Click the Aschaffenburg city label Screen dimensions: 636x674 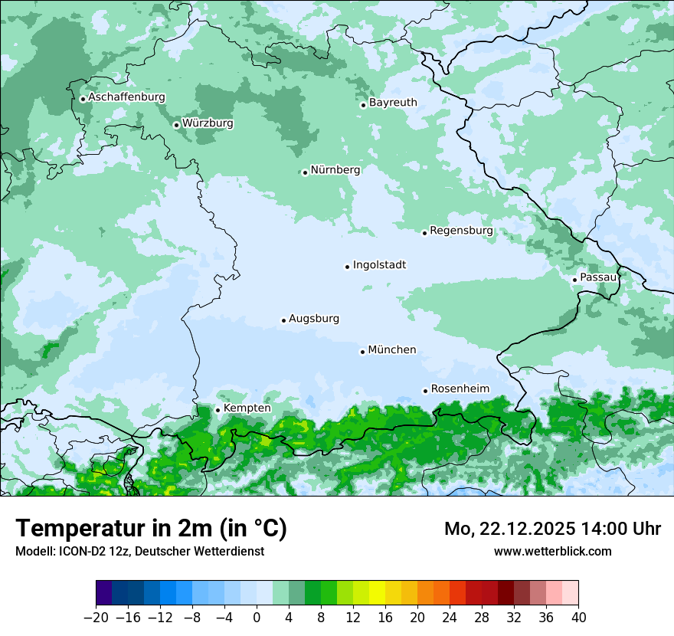click(x=126, y=97)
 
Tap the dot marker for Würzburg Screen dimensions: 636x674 click(x=176, y=125)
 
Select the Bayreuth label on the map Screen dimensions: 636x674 click(x=393, y=103)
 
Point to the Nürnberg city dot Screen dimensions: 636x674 click(x=305, y=172)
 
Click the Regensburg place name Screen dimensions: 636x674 click(x=461, y=231)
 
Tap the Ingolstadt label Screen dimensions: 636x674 click(x=379, y=265)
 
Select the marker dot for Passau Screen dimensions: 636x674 click(x=574, y=280)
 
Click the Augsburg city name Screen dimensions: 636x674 click(x=314, y=319)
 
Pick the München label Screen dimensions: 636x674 click(x=392, y=350)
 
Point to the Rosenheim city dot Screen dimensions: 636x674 click(x=425, y=391)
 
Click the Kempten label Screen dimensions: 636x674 click(x=247, y=408)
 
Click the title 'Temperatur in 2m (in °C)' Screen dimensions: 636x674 click(x=151, y=528)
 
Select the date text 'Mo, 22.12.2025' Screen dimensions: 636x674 click(x=509, y=529)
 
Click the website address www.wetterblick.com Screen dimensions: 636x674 click(x=552, y=551)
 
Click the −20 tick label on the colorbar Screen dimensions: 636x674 click(x=96, y=618)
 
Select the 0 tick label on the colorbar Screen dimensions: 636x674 click(x=257, y=618)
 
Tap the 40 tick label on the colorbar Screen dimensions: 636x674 click(x=578, y=618)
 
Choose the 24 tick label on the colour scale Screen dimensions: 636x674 click(x=450, y=618)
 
